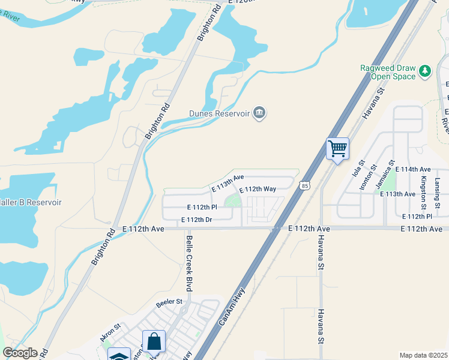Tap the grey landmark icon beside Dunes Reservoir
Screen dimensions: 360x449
(x=259, y=113)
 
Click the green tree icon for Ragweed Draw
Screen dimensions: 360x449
(x=426, y=71)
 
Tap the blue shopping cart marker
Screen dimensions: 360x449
(x=337, y=148)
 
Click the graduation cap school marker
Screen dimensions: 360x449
(x=119, y=355)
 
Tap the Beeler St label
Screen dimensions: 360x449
(x=169, y=301)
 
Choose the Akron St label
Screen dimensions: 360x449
(x=110, y=333)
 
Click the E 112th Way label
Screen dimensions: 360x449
(x=258, y=189)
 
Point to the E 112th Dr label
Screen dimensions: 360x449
(x=196, y=220)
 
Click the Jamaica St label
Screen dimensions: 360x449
(x=386, y=175)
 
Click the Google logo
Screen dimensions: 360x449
(x=20, y=353)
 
